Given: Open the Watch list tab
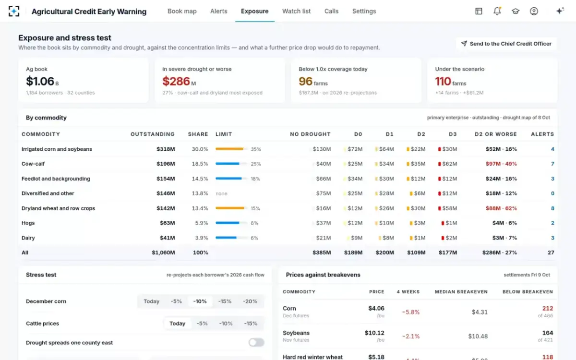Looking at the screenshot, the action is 296,12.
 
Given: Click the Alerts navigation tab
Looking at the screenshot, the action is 218,12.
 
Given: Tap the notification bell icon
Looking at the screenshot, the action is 497,11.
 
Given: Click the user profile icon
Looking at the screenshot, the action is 534,11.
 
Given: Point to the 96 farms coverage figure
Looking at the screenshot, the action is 313,82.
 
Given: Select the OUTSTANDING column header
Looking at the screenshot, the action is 153,134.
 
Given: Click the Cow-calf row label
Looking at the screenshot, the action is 33,164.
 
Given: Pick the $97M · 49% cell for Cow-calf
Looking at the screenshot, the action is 501,164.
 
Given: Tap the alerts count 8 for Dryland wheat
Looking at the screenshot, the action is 552,208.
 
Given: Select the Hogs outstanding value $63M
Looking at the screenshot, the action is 168,223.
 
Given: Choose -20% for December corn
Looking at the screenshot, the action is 250,301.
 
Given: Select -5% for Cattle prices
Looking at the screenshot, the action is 202,324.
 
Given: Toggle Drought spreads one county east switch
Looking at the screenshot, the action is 256,343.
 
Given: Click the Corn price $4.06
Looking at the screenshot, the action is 376,308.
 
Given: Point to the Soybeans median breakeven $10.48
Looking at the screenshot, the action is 478,336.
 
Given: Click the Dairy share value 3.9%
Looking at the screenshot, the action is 201,238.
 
